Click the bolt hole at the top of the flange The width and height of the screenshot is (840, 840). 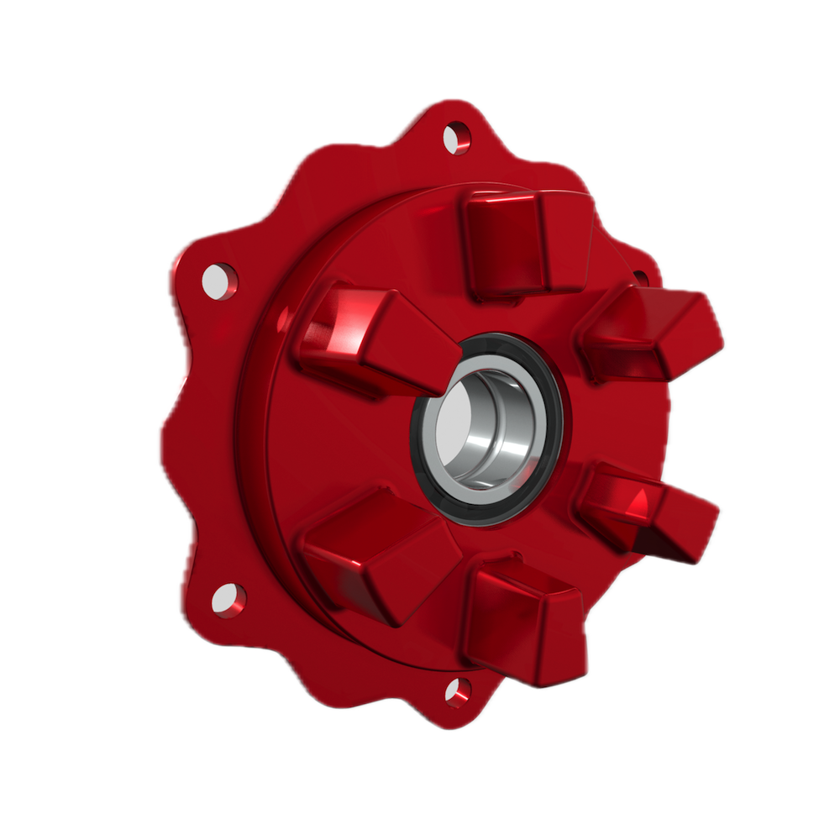pyautogui.click(x=456, y=137)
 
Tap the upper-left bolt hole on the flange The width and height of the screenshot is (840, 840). pyautogui.click(x=220, y=280)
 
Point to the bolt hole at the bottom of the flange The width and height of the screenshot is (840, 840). pyautogui.click(x=458, y=691)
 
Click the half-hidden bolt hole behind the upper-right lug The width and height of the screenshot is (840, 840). pyautogui.click(x=640, y=276)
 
